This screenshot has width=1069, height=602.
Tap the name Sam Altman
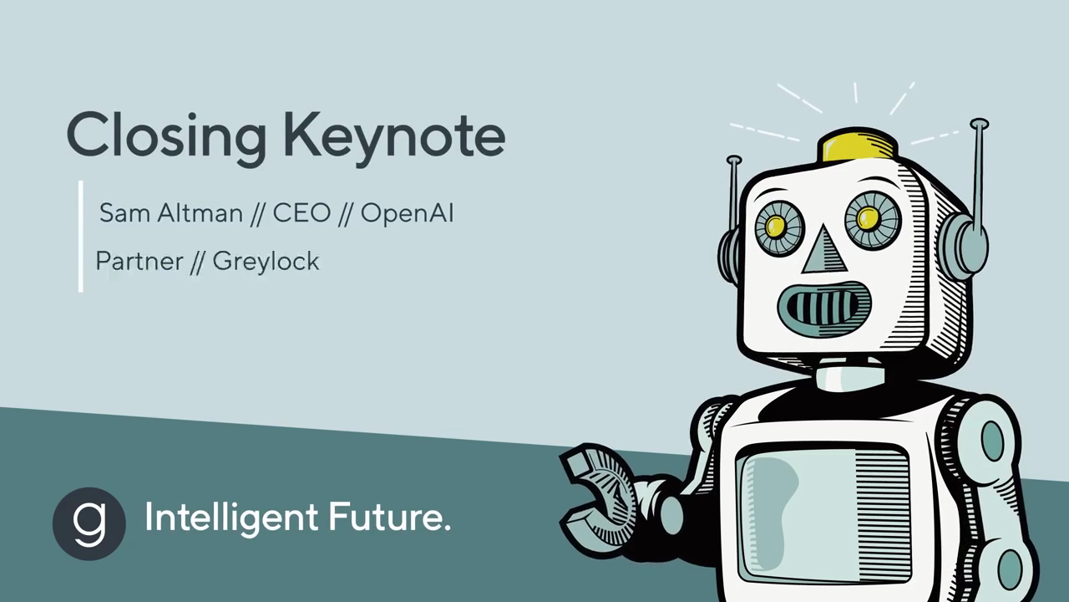[171, 212]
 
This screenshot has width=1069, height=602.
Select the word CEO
[301, 212]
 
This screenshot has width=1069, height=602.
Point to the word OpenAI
[407, 213]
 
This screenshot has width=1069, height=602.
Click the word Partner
[139, 261]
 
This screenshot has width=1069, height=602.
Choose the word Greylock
[266, 262]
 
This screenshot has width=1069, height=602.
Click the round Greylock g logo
[89, 523]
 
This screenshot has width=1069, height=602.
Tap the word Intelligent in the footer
[231, 518]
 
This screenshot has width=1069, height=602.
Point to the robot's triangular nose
[824, 251]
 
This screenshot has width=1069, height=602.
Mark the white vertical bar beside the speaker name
[81, 236]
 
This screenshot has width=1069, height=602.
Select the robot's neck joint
[850, 377]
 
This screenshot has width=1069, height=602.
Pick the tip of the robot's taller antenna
[980, 123]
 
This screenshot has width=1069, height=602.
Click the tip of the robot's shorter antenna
[734, 160]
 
